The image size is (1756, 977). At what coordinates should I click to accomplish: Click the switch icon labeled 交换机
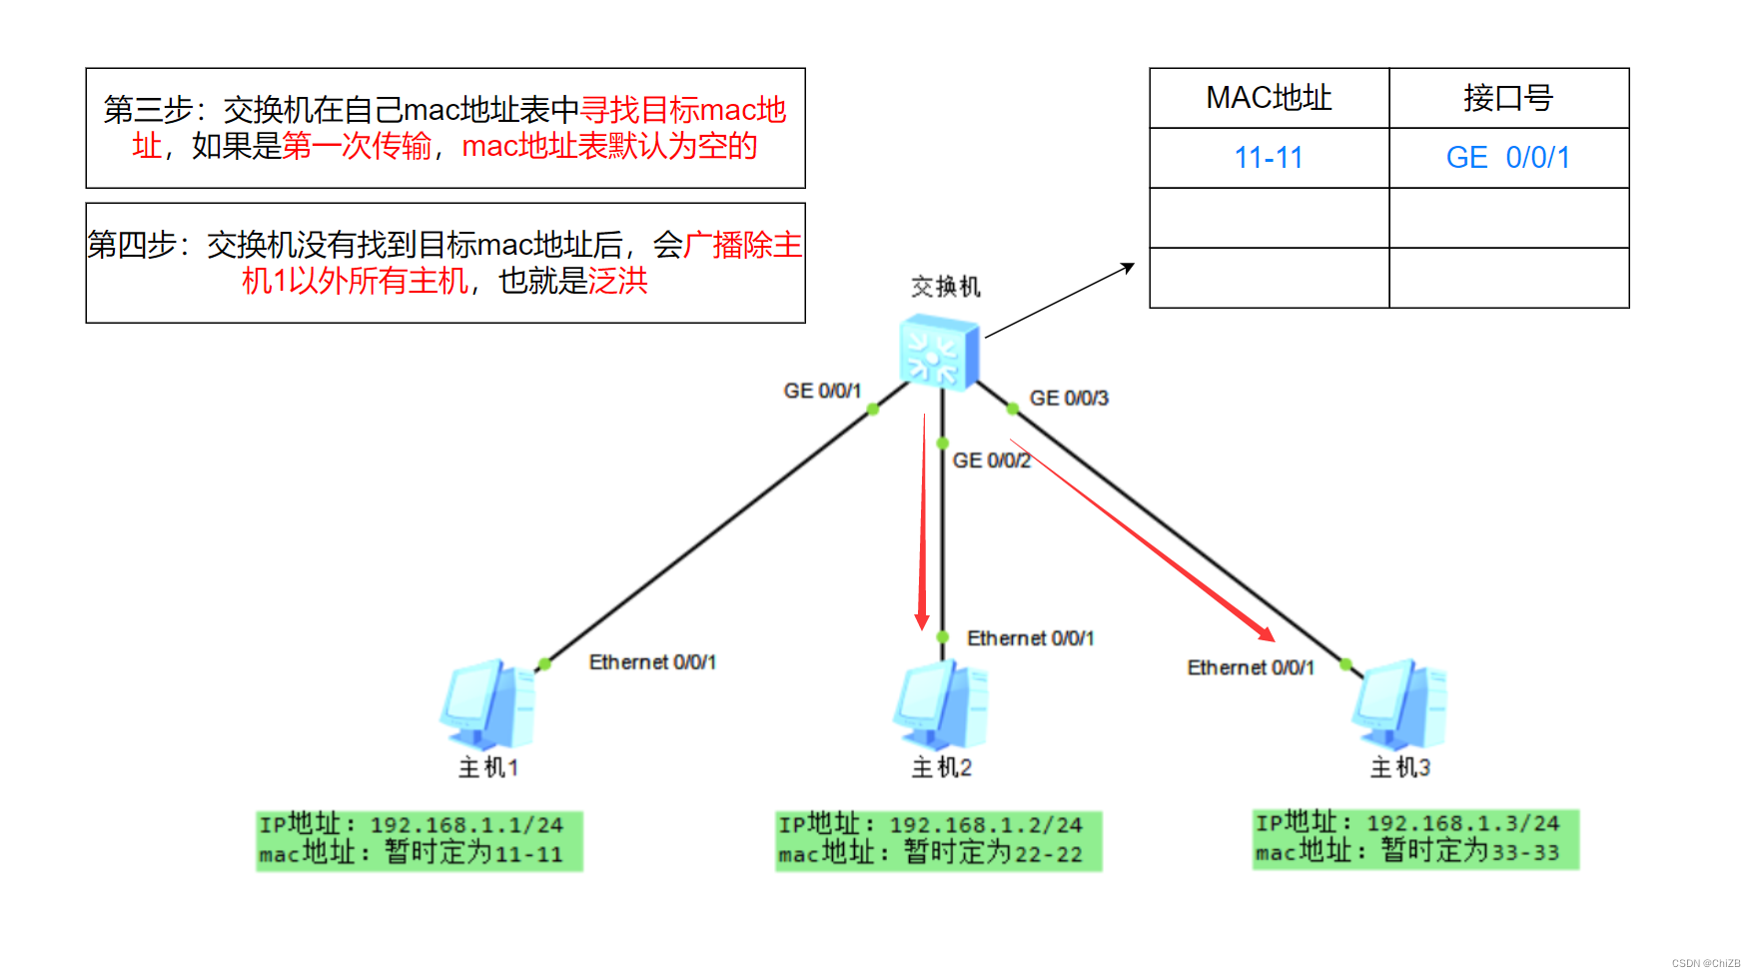tap(939, 352)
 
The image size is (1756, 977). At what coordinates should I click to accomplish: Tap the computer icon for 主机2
tap(941, 705)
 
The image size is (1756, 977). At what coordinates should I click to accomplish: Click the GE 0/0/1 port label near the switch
tap(822, 391)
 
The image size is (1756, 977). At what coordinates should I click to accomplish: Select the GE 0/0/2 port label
tap(991, 461)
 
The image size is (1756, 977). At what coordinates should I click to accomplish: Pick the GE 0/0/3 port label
tap(1069, 398)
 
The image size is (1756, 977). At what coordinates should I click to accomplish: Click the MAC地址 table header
tap(1269, 98)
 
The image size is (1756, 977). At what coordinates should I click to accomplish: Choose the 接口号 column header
tap(1508, 98)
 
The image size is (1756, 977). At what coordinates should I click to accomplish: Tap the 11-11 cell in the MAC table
tap(1269, 158)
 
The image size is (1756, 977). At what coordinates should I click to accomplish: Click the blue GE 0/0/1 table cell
tap(1508, 158)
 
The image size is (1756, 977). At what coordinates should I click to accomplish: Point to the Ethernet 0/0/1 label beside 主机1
tap(652, 662)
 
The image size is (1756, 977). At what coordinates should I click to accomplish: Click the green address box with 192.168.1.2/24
tap(938, 840)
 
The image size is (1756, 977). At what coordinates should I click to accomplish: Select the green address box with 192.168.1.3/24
tap(1414, 838)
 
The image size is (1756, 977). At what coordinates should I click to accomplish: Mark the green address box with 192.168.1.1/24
tap(419, 840)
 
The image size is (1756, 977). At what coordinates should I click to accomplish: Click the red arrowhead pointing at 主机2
tap(922, 621)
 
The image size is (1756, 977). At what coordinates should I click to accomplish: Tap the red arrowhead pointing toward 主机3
tap(1267, 633)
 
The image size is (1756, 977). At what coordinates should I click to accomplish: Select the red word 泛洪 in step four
tap(618, 281)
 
